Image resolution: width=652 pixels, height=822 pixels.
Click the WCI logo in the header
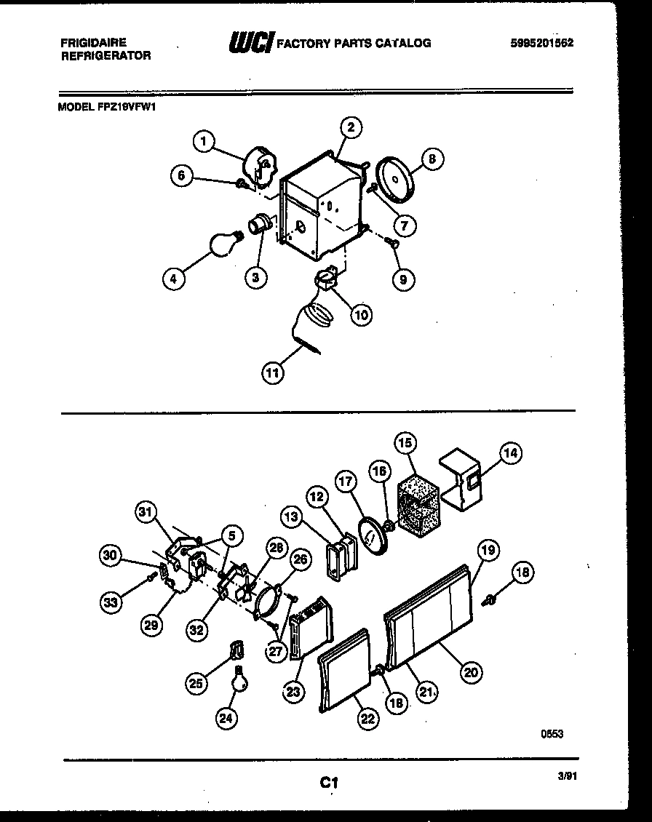pyautogui.click(x=251, y=43)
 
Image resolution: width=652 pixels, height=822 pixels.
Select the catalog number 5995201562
pyautogui.click(x=542, y=43)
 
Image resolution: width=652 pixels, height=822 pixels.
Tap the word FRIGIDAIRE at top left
pyautogui.click(x=93, y=43)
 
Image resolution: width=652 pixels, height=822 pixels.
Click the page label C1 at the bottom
pyautogui.click(x=329, y=783)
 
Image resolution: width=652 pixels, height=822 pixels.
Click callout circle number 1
pyautogui.click(x=205, y=140)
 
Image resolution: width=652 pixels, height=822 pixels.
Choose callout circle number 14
pyautogui.click(x=511, y=453)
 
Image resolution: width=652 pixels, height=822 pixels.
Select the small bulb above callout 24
pyautogui.click(x=238, y=680)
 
